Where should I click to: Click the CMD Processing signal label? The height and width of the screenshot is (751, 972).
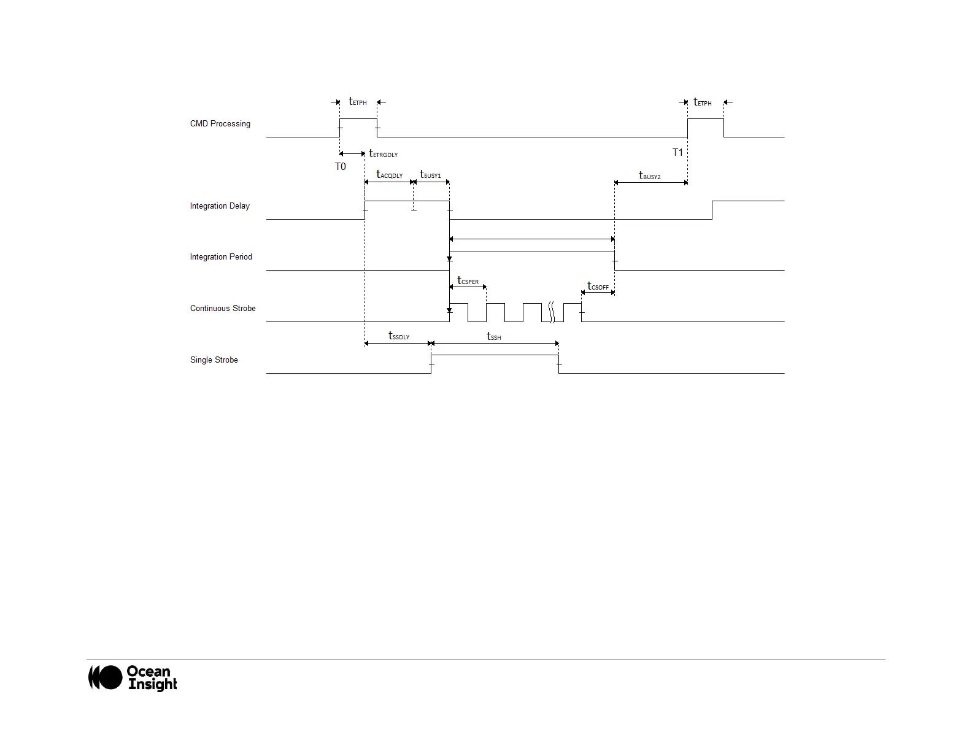click(220, 124)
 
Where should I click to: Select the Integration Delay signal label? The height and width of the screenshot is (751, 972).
click(220, 206)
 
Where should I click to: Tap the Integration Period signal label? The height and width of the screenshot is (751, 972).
click(221, 257)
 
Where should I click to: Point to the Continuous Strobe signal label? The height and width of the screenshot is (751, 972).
click(223, 309)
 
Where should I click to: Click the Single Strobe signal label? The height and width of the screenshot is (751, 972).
click(214, 360)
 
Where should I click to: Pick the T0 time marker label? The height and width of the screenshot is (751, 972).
click(341, 167)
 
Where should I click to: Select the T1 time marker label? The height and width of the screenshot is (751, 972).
click(677, 152)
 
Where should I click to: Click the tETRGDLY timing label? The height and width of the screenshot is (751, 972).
click(384, 154)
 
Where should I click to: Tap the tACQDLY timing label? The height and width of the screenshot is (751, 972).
click(390, 175)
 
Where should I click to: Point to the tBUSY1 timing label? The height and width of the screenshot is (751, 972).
click(430, 175)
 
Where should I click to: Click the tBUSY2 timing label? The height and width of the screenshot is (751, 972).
click(650, 176)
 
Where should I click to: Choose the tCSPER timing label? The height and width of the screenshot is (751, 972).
click(468, 281)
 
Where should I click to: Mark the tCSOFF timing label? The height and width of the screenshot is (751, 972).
click(598, 287)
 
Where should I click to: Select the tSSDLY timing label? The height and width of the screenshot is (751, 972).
click(399, 336)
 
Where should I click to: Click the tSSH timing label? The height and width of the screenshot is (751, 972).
click(494, 336)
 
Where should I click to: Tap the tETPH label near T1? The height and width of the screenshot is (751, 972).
click(703, 102)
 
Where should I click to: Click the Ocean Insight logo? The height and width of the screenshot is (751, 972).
click(133, 678)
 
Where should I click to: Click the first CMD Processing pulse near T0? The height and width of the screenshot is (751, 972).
click(358, 120)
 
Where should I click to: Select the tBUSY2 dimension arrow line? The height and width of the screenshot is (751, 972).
click(650, 183)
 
